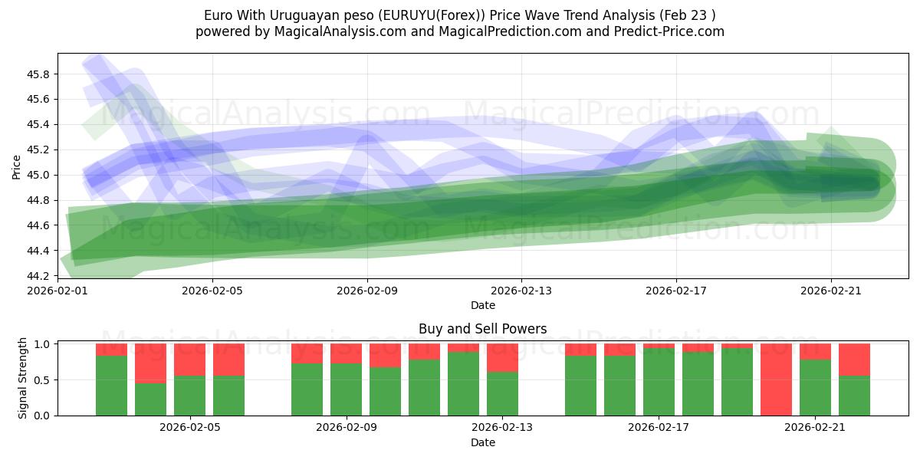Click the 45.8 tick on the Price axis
[38, 74]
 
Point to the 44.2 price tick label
[38, 276]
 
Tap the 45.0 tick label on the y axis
[38, 175]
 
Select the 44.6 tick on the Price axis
[38, 225]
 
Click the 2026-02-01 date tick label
[58, 291]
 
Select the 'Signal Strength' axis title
[23, 378]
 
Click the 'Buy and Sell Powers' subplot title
[482, 329]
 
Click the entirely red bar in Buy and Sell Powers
[776, 379]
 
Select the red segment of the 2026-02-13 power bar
[502, 357]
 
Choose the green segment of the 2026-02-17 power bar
[659, 382]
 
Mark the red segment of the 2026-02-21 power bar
[815, 351]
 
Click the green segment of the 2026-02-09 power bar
[346, 389]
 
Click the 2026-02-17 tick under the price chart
[675, 291]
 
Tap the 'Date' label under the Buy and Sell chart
[482, 442]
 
